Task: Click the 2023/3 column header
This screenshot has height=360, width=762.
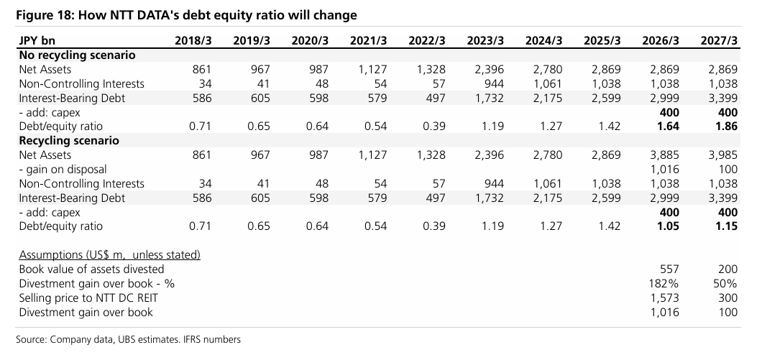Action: [485, 40]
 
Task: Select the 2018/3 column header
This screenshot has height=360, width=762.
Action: [193, 40]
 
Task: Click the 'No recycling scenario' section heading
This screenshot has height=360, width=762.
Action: [77, 55]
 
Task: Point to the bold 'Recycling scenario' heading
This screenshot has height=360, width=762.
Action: [68, 141]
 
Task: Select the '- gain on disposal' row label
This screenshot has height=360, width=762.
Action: [63, 170]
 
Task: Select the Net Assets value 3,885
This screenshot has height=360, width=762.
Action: [664, 155]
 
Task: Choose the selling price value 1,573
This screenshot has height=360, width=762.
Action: [664, 298]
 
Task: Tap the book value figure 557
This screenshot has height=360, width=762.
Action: [669, 269]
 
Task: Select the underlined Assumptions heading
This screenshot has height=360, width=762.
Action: [109, 255]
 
